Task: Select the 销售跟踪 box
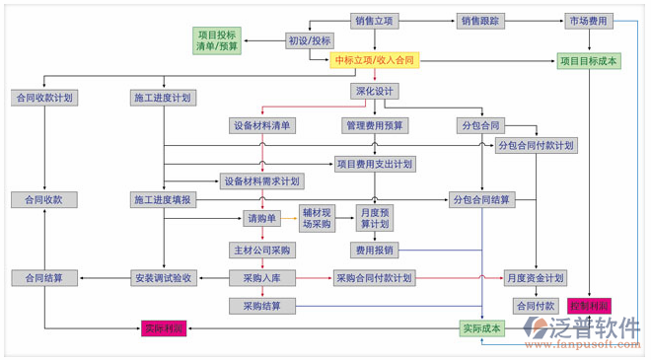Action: point(480,21)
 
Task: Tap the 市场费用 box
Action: point(589,21)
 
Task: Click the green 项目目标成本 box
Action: point(589,61)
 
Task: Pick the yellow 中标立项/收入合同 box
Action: point(375,61)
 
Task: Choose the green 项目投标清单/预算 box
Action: point(217,40)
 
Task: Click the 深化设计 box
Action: point(374,92)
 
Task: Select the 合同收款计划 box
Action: point(43,98)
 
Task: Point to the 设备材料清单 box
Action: point(262,126)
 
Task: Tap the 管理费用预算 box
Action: point(375,126)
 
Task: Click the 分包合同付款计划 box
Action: point(536,145)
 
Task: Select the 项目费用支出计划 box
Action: point(374,164)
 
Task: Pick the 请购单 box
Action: point(262,218)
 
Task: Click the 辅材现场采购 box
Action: point(317,218)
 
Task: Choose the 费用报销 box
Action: point(375,251)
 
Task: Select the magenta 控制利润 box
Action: point(590,306)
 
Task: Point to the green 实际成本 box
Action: point(481,327)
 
